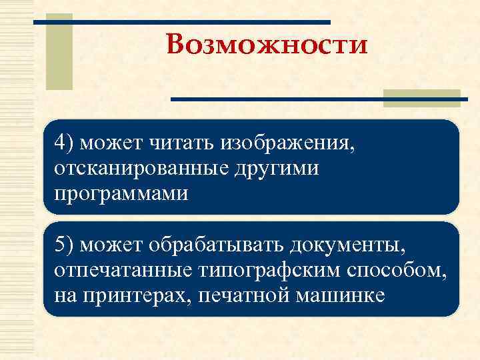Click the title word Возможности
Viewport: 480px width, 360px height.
coord(267,46)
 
